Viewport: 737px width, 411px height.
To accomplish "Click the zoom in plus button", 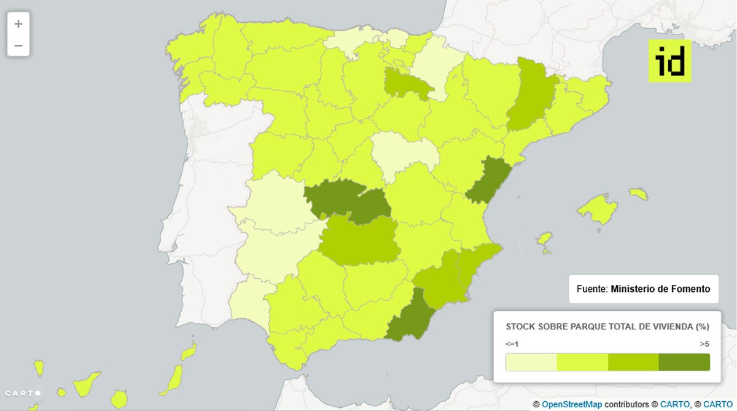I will click(x=18, y=24).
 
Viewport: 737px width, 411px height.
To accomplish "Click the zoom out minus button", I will click(x=18, y=45).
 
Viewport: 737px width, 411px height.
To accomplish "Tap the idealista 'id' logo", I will click(x=669, y=61).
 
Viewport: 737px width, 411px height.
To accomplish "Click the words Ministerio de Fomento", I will click(x=660, y=289).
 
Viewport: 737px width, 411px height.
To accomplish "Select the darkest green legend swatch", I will click(x=684, y=362).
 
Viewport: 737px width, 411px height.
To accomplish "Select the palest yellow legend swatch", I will click(x=531, y=362).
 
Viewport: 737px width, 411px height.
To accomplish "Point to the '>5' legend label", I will click(x=704, y=344).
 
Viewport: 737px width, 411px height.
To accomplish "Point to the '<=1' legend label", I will click(x=512, y=344).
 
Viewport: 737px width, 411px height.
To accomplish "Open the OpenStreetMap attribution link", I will click(x=571, y=404).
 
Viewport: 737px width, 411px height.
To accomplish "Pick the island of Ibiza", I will click(x=544, y=241).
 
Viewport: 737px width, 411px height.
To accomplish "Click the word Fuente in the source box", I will click(x=592, y=289).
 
